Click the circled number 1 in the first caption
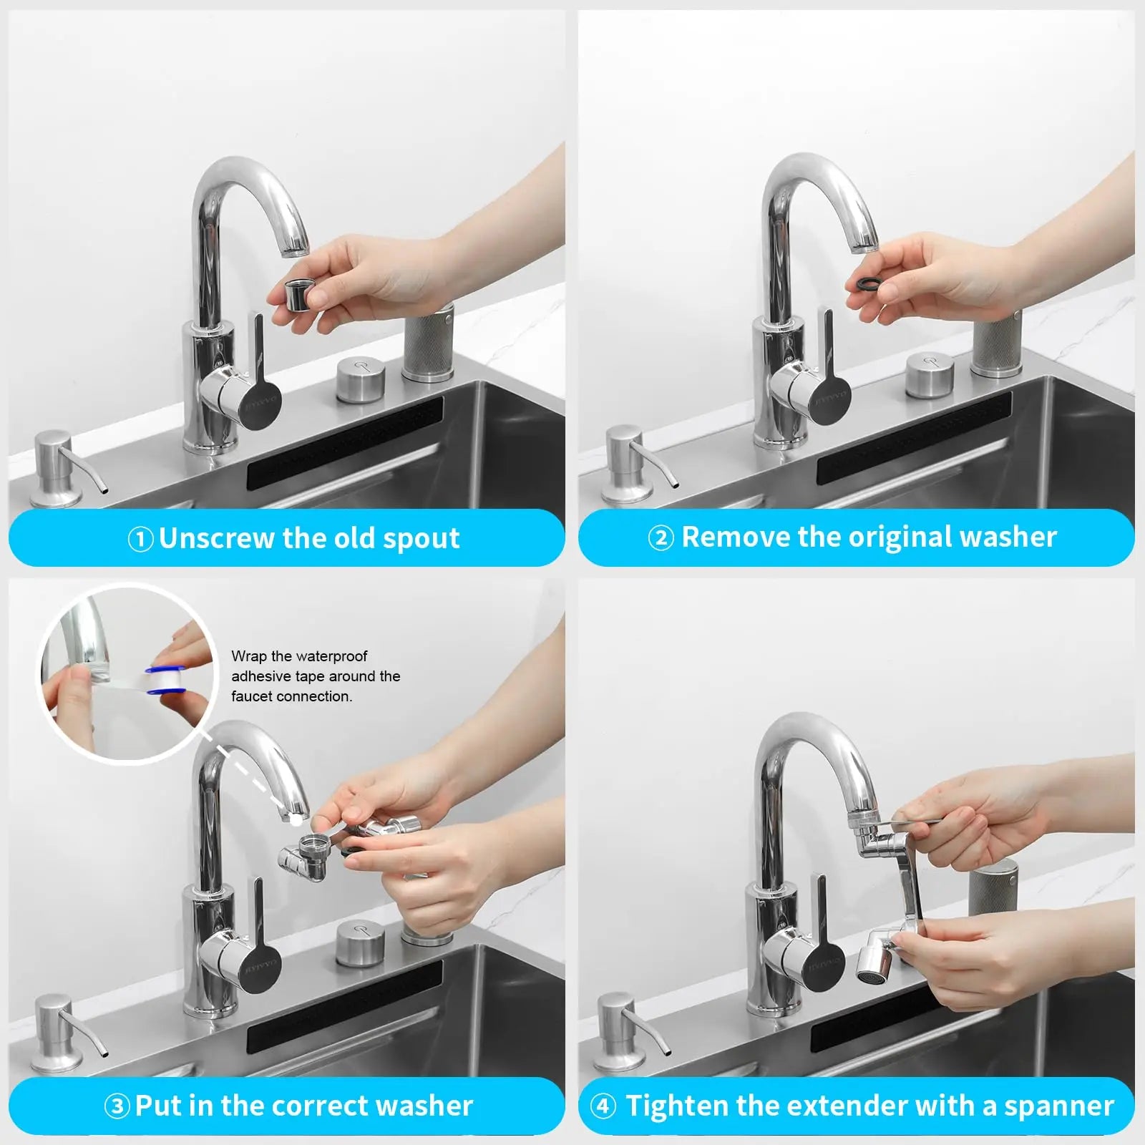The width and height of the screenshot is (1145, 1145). pos(140,539)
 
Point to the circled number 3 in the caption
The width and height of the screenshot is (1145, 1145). pos(117,1106)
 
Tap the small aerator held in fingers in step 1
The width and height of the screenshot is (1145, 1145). pos(296,294)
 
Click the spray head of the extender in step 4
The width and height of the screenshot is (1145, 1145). pos(874,966)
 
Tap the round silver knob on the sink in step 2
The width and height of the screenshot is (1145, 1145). pos(929,376)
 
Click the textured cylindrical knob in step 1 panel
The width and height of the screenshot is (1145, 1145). pos(427,343)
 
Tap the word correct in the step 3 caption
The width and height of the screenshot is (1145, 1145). pos(316,1106)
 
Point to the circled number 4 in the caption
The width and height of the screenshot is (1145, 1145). pos(603,1106)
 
